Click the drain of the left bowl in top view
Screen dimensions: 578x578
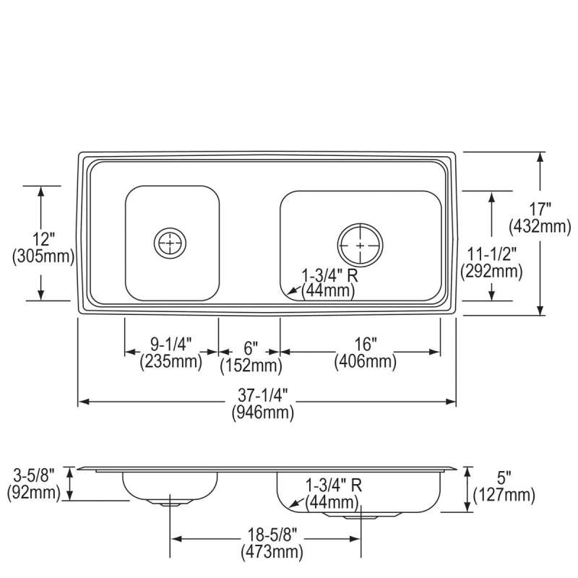(x=171, y=243)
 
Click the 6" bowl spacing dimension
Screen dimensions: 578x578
(x=249, y=348)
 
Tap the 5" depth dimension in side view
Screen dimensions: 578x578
(x=504, y=478)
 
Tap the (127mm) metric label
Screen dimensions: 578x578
(x=504, y=495)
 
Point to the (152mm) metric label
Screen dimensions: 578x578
(x=250, y=366)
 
